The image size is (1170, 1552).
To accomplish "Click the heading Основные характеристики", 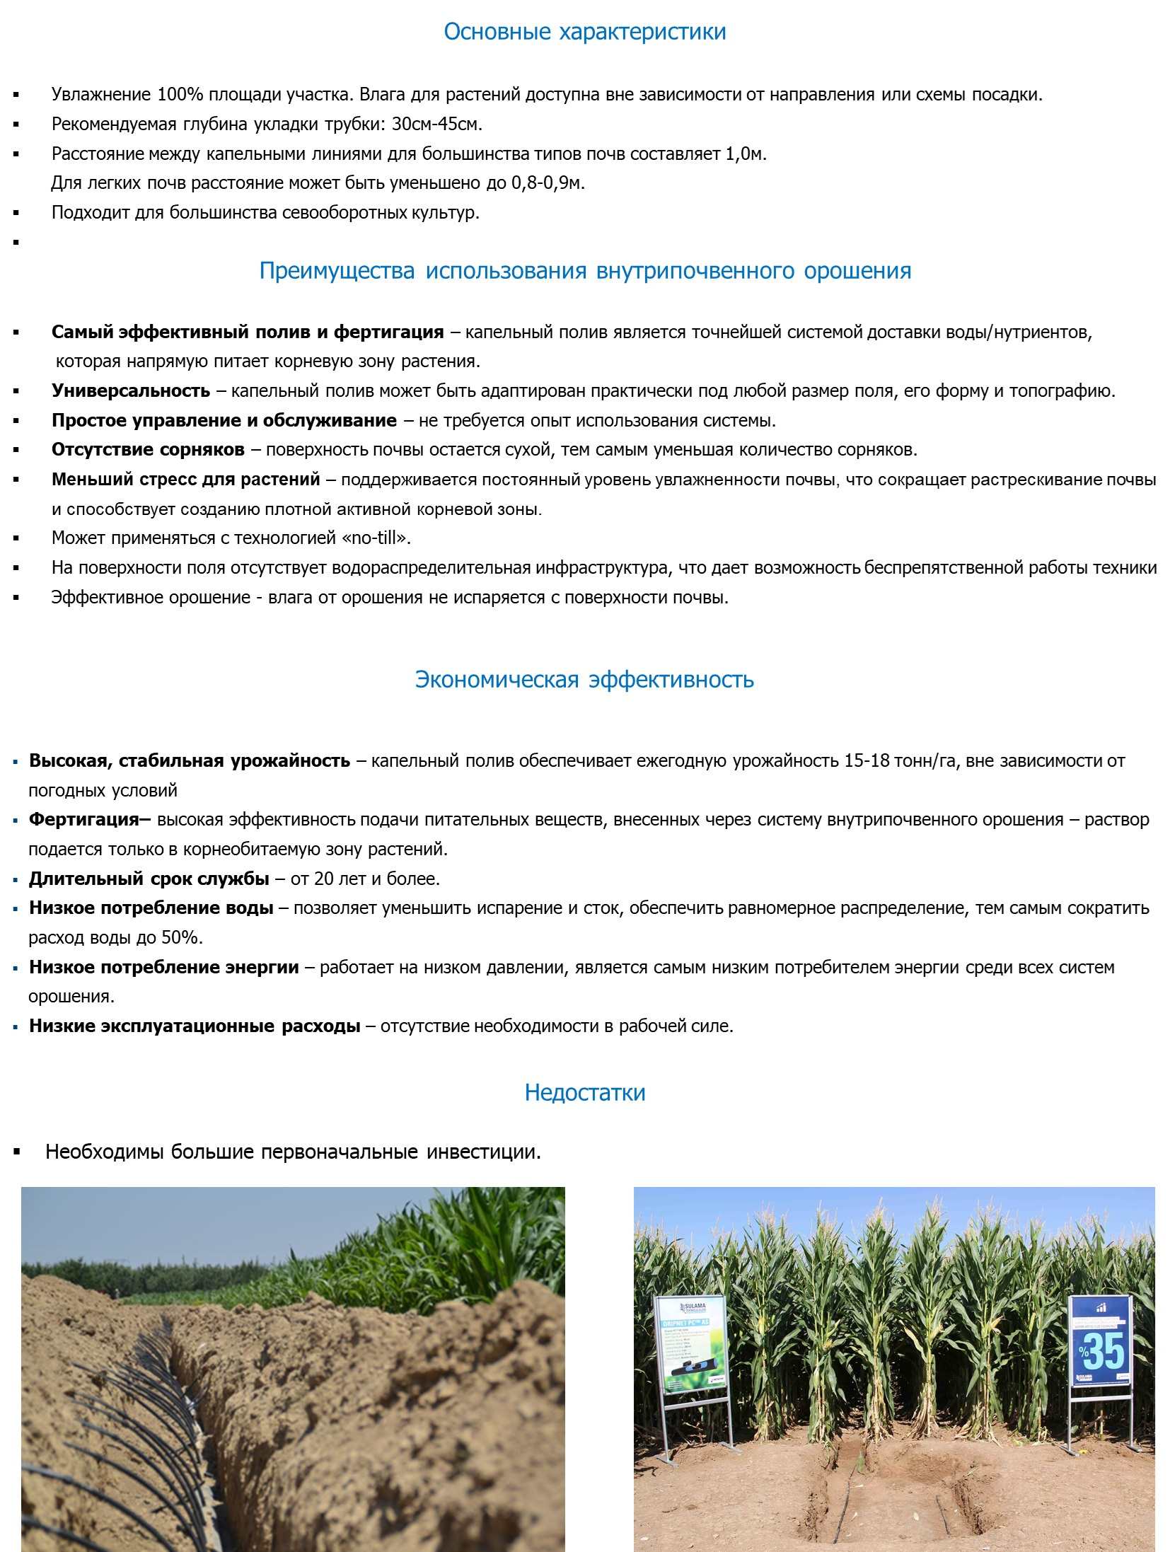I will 584,32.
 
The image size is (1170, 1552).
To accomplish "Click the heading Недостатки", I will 584,1092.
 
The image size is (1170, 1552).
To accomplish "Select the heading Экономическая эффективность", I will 584,679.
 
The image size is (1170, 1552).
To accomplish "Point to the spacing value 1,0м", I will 745,154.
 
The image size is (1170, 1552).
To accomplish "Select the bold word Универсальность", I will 131,390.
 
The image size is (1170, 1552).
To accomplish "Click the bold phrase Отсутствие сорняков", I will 148,449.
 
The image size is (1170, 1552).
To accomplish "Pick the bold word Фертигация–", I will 90,819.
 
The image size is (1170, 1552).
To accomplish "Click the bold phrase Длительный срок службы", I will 149,879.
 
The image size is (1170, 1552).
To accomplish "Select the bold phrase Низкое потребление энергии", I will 164,967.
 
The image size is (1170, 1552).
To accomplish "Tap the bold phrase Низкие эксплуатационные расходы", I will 195,1026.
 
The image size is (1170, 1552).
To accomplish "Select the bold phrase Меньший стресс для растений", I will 186,479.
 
